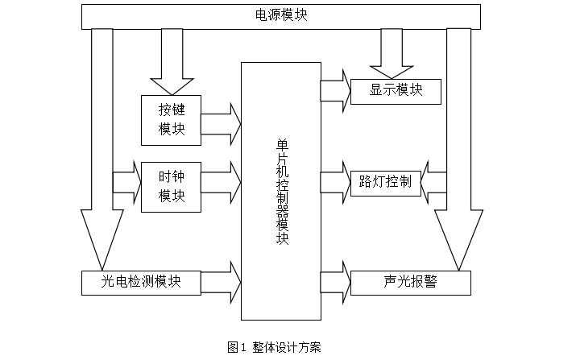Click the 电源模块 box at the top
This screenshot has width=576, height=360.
point(281,16)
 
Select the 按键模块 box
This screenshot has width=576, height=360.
point(171,120)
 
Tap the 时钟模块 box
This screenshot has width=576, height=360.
point(171,186)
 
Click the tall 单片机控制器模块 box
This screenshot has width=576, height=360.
point(281,191)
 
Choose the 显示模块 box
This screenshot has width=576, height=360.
point(396,91)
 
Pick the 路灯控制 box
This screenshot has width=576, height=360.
point(385,181)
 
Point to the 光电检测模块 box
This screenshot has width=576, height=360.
point(141,282)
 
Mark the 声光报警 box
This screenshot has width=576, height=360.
point(411,282)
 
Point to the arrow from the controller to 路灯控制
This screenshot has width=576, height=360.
point(334,182)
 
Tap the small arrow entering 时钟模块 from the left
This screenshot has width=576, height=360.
point(127,181)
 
